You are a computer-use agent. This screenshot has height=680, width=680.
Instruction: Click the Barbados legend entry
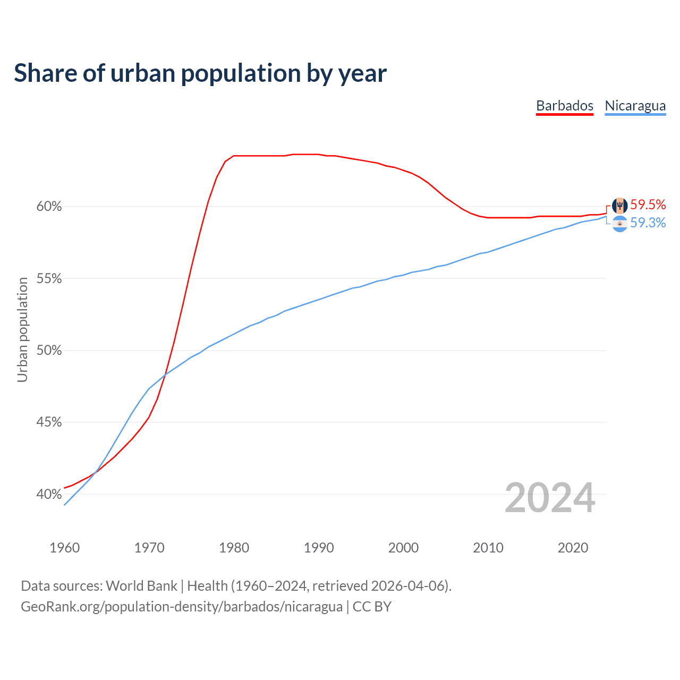coord(564,106)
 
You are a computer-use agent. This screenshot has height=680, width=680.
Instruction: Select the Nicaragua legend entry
coord(635,106)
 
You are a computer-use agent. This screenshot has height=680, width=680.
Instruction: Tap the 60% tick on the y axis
coord(49,207)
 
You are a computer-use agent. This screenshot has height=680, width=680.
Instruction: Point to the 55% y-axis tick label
coord(49,279)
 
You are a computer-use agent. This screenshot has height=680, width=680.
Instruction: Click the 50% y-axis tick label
coord(49,351)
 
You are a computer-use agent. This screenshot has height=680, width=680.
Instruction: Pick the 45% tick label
coord(49,422)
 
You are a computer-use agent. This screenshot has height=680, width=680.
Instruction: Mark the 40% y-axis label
coord(49,495)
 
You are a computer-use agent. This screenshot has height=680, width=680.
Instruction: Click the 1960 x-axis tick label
coord(64,548)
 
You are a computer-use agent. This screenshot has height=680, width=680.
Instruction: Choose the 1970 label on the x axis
coord(149,548)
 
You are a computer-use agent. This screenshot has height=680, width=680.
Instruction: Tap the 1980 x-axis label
coord(234,548)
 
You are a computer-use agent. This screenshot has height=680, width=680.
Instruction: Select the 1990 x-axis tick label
coord(319,548)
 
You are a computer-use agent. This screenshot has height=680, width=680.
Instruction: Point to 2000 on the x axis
coord(403,548)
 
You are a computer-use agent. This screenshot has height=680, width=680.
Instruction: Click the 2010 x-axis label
coord(488,548)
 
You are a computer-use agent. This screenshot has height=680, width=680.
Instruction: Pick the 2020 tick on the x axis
coord(573,548)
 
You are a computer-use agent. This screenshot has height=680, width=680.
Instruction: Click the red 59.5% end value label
coord(648,205)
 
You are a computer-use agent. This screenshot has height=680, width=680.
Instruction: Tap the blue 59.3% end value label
coord(648,223)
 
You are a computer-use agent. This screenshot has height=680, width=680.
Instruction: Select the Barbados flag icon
coord(619,205)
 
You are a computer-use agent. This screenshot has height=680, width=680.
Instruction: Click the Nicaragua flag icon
coord(619,224)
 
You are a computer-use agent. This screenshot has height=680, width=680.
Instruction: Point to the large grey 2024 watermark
coord(550,498)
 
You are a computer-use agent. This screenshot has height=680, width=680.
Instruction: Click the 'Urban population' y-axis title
coord(22,329)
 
